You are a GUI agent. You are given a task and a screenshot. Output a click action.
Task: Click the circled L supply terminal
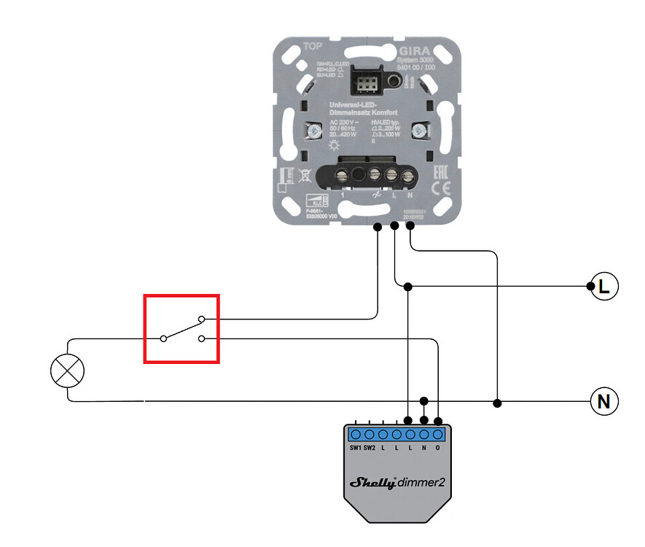[603, 287]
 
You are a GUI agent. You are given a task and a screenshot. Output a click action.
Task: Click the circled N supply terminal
[603, 402]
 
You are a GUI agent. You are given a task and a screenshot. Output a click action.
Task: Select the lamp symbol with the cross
[67, 371]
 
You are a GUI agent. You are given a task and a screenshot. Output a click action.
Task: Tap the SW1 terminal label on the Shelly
[355, 447]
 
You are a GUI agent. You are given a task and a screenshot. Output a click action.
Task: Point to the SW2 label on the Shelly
[370, 447]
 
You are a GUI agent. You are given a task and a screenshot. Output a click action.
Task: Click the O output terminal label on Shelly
[437, 447]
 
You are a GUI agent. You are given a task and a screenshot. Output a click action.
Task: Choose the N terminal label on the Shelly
[423, 447]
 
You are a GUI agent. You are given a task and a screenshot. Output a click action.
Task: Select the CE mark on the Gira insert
[440, 187]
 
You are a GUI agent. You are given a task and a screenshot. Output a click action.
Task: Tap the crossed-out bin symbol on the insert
[305, 175]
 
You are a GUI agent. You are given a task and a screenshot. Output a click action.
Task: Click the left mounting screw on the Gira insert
[315, 132]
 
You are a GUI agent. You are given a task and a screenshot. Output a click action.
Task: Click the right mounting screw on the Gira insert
[419, 132]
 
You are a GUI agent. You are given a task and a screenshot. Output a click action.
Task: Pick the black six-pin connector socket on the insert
[362, 79]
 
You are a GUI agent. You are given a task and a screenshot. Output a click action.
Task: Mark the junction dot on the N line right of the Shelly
[497, 403]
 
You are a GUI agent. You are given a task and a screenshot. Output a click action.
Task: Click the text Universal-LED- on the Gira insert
[348, 105]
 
